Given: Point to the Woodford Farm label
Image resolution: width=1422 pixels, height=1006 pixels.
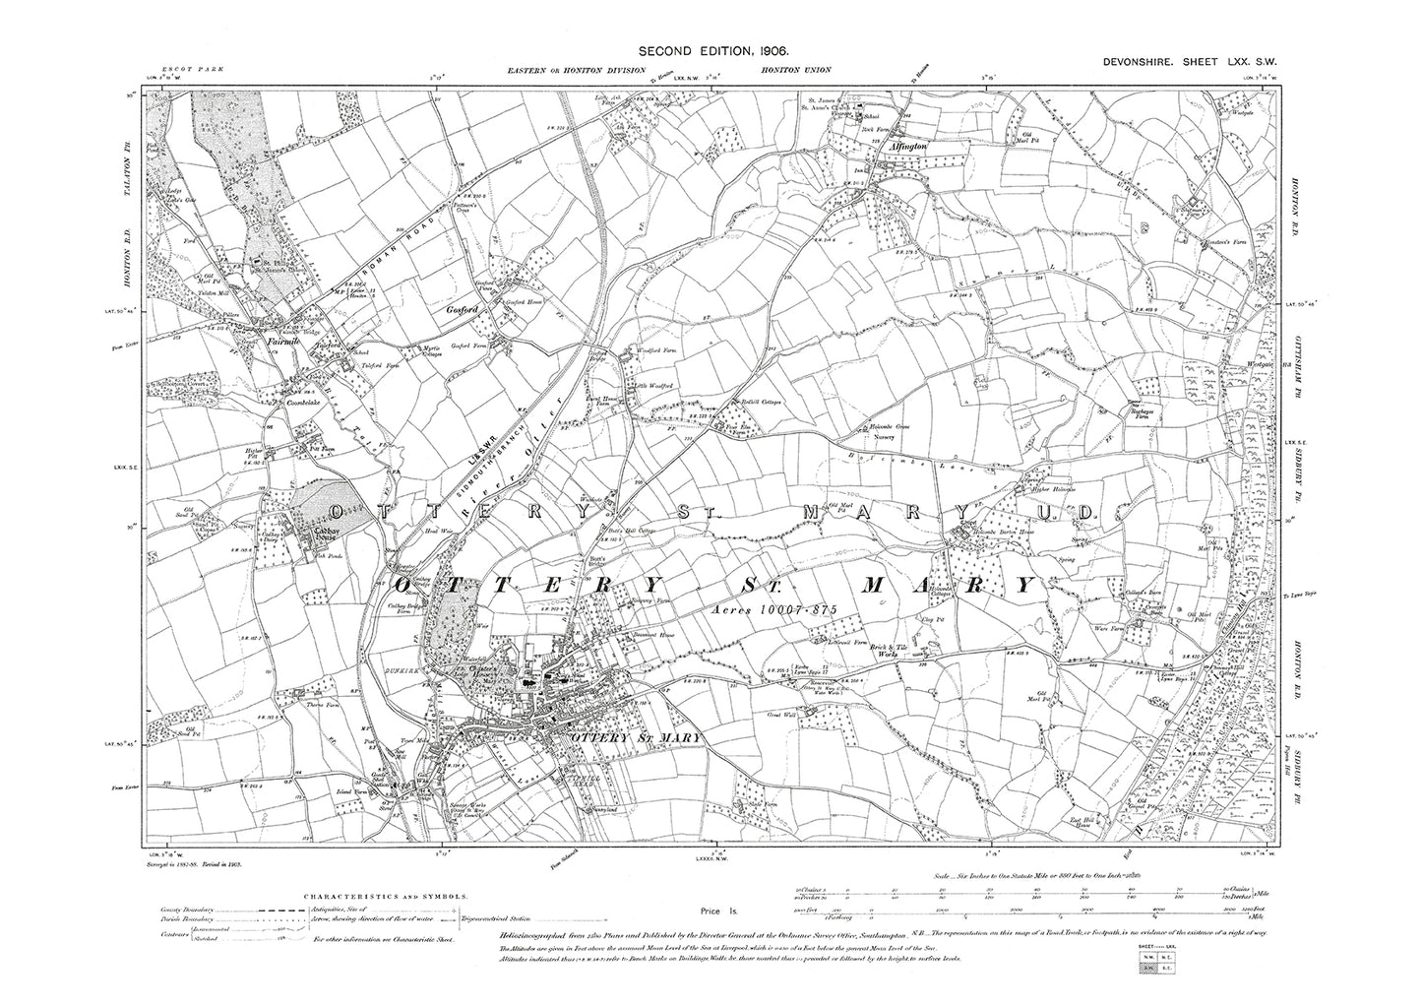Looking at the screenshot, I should pyautogui.click(x=657, y=350).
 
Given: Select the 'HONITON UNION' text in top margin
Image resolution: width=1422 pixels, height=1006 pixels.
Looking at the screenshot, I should pyautogui.click(x=795, y=70).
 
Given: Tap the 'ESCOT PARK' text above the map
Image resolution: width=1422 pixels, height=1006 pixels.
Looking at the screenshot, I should pyautogui.click(x=175, y=70).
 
